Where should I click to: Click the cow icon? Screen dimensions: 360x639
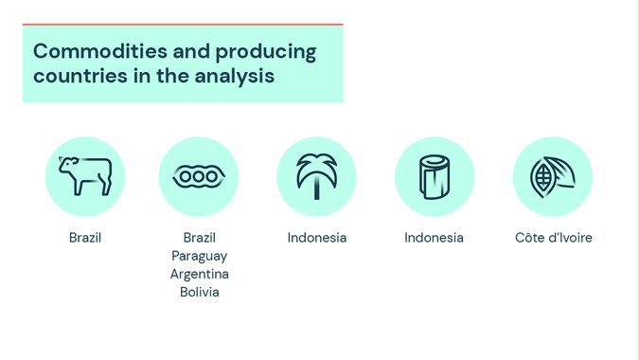85,176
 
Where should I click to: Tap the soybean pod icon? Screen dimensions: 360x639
199,176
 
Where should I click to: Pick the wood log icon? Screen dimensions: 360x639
434,176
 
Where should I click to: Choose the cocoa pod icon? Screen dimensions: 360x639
552,176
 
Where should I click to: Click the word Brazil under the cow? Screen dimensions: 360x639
85,238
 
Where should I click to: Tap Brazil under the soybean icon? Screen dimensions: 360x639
199,238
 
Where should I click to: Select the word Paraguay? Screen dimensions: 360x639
199,256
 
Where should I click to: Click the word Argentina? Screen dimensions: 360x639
199,274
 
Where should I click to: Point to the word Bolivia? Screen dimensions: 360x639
199,292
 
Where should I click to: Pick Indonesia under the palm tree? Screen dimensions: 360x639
316,238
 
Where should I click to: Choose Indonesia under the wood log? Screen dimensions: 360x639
434,238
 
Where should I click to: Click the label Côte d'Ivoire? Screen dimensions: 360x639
553,238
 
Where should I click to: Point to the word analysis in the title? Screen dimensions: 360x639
235,77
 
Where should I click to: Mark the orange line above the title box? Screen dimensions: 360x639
182,25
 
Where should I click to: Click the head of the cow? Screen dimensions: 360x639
67,168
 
